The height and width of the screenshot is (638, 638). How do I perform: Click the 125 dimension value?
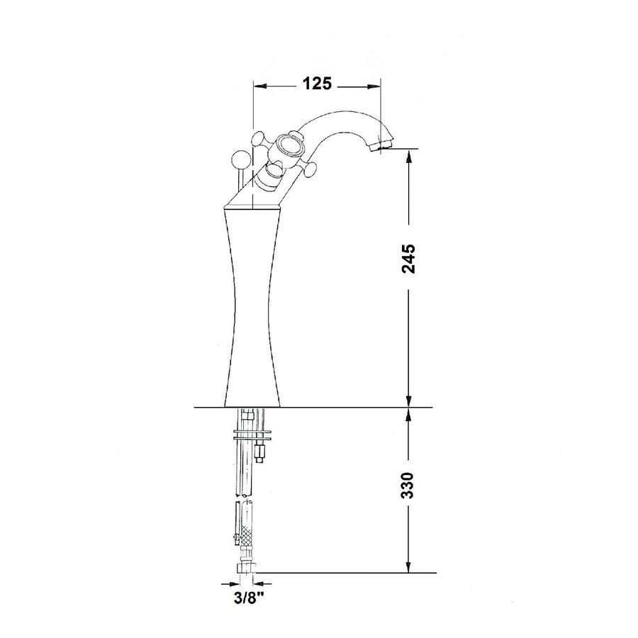(x=317, y=84)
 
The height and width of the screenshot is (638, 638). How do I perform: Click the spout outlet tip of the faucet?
(x=383, y=147)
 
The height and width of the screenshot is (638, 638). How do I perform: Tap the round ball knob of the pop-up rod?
(x=242, y=158)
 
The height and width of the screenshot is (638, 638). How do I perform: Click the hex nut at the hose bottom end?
(x=247, y=569)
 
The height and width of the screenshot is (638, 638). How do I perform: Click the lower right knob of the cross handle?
(x=309, y=169)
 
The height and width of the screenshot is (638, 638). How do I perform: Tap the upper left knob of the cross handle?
(x=257, y=139)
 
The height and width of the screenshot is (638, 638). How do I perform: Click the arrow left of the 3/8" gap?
(x=233, y=583)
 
